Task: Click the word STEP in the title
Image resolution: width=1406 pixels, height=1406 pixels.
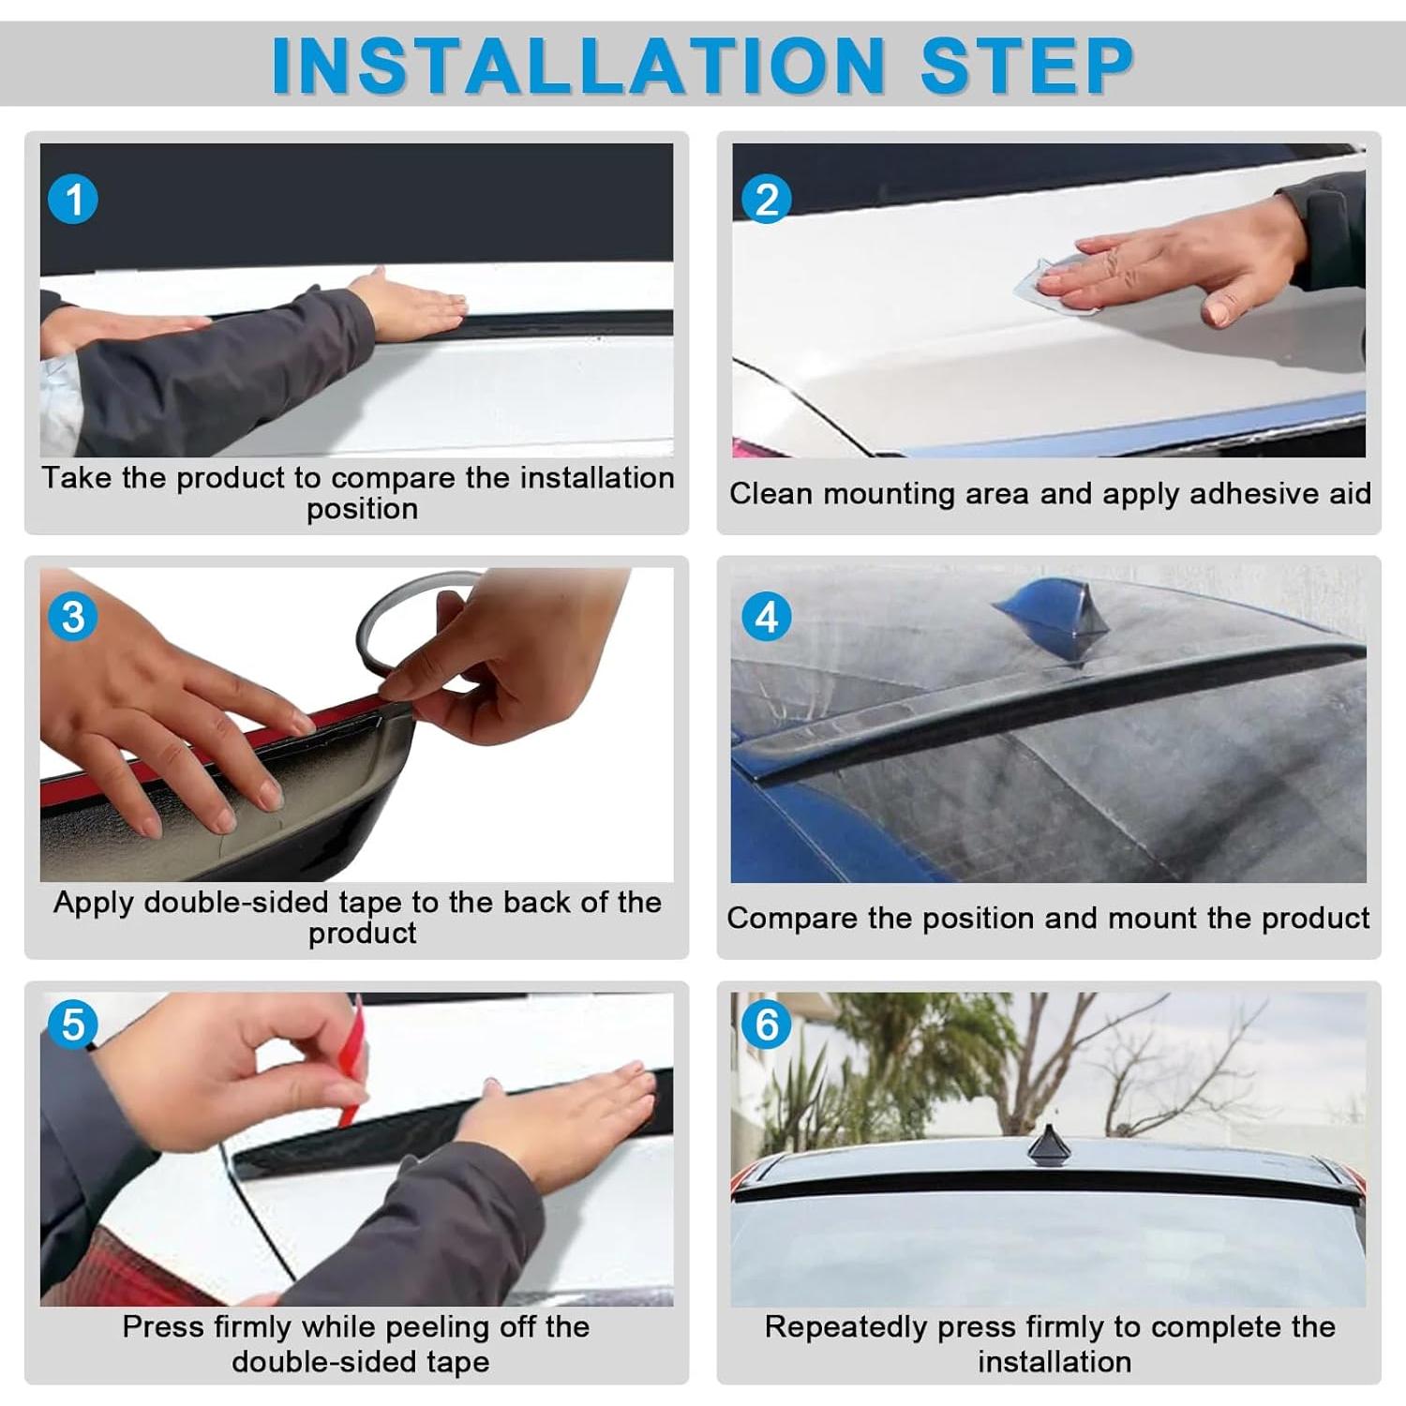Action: (1027, 66)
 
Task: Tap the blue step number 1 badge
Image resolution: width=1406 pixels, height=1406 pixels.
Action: (73, 200)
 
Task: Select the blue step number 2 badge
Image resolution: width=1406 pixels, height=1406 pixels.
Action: (767, 200)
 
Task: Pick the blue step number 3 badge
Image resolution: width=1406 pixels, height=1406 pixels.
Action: (73, 617)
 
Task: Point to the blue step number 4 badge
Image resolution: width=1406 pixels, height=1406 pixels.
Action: (767, 617)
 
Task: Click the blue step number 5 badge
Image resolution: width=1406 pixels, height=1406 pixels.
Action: (73, 1024)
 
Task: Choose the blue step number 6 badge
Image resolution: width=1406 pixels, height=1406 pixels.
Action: (767, 1024)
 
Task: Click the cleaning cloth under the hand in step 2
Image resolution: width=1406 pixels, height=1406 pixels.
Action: (1054, 287)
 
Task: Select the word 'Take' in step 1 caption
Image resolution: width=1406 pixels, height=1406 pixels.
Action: (77, 478)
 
